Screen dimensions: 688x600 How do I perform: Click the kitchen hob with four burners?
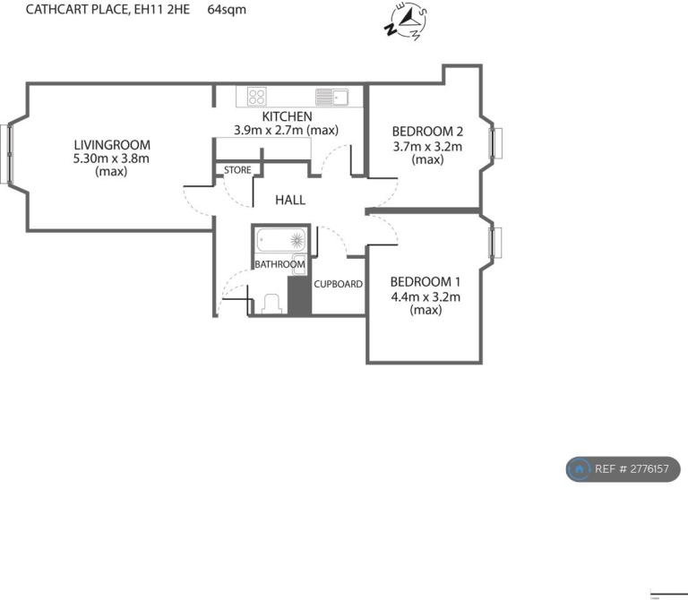tap(257, 97)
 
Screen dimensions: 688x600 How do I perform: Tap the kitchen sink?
tap(331, 97)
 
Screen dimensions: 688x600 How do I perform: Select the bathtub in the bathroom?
tap(281, 240)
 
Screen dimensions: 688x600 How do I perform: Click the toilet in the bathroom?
tap(272, 304)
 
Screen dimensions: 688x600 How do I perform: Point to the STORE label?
tap(237, 170)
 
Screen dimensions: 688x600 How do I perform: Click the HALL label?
tap(290, 200)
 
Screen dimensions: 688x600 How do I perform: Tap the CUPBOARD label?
tap(339, 284)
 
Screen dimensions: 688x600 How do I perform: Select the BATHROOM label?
tap(279, 264)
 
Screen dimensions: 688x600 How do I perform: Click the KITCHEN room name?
tap(287, 116)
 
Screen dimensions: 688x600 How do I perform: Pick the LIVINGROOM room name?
tap(112, 145)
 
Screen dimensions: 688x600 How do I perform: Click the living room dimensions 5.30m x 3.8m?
tap(111, 159)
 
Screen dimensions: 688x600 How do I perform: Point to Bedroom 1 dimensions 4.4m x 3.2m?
tap(426, 297)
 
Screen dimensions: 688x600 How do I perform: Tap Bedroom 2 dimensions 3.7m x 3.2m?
tap(427, 146)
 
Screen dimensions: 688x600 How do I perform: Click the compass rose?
tap(407, 21)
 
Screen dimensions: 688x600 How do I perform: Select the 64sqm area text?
tap(227, 10)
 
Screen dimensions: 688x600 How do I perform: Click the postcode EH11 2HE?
tap(162, 9)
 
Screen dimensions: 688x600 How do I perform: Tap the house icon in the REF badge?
tap(579, 469)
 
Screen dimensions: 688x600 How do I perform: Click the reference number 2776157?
tap(649, 469)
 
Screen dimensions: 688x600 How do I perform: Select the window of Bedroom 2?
tap(496, 143)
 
